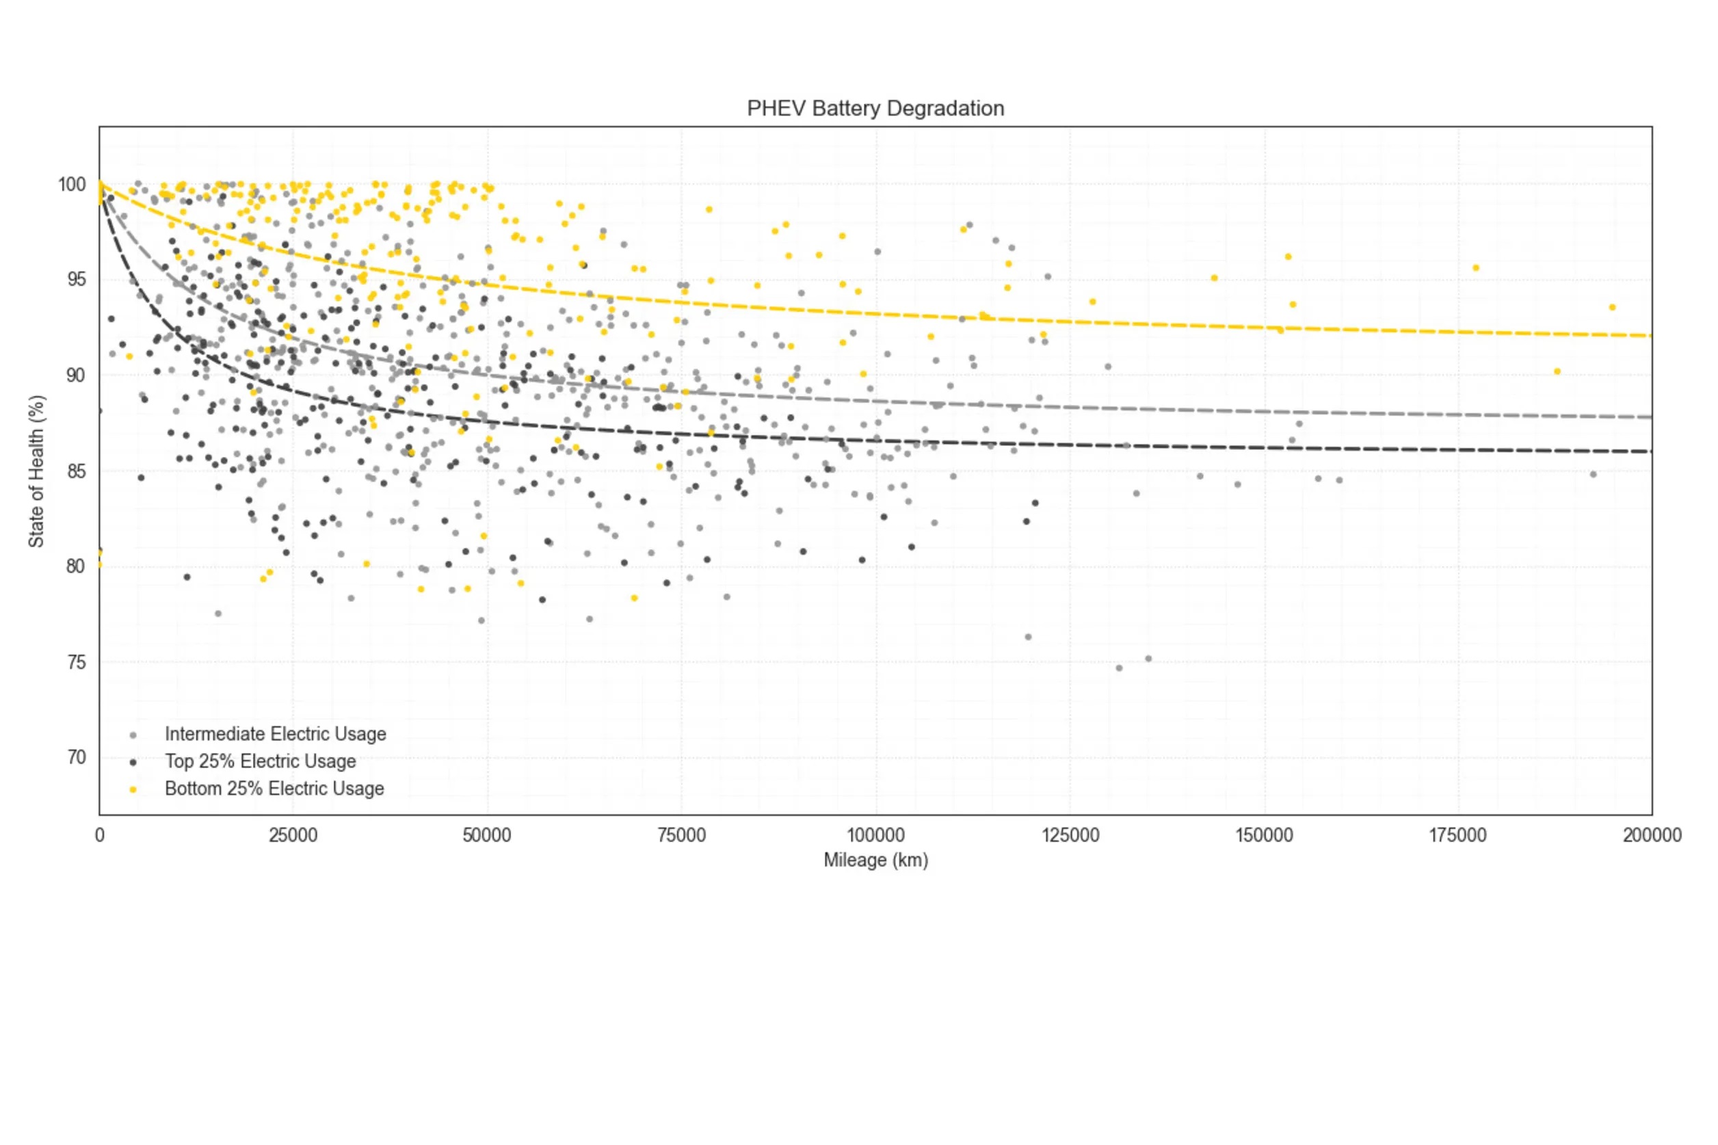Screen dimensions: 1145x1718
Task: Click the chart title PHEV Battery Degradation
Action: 875,109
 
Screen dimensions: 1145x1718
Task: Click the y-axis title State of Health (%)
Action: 36,471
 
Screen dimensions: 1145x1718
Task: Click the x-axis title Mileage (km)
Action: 875,860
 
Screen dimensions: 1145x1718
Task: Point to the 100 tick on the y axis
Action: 72,185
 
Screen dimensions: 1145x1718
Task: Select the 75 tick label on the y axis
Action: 76,662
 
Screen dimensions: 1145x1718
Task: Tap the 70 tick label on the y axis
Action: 76,757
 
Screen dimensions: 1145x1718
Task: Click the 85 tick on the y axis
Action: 76,471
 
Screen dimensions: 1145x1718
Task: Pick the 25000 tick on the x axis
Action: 293,835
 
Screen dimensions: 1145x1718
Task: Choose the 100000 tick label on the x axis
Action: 875,835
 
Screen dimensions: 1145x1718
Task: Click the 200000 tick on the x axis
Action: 1652,835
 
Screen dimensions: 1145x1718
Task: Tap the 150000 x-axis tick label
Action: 1263,835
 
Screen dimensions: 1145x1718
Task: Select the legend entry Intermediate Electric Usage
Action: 275,734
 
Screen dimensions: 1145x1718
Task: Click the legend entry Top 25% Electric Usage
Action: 260,761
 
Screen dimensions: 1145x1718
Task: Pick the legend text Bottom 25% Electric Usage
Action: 274,789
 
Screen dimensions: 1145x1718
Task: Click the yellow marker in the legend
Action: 133,789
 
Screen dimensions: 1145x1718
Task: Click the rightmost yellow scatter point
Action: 1612,307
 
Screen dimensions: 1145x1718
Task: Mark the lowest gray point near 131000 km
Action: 1119,668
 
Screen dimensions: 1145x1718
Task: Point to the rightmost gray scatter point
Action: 1593,475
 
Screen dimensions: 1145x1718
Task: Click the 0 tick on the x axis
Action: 99,835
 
